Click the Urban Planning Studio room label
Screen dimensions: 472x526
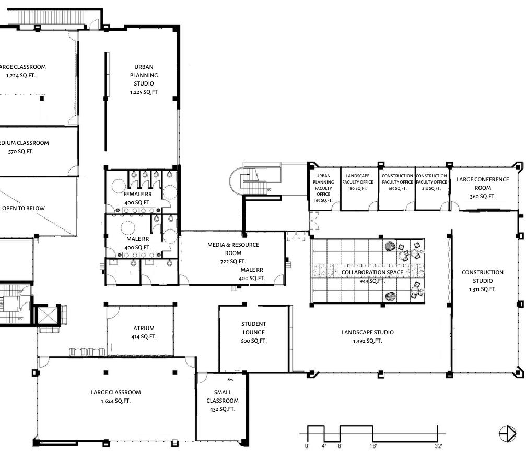point(144,75)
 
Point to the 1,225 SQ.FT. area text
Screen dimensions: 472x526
point(144,92)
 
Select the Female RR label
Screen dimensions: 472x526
point(137,194)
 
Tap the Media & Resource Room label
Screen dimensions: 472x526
point(233,249)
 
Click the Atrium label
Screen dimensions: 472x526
point(144,328)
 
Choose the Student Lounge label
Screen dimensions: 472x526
point(253,328)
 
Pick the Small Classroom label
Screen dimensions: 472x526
point(222,396)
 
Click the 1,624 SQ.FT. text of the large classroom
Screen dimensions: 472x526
point(115,401)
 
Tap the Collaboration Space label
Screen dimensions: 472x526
point(372,272)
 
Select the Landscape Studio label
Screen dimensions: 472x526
point(367,332)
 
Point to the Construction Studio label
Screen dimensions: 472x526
point(482,276)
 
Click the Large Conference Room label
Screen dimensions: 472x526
point(482,184)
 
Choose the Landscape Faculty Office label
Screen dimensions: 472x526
point(358,179)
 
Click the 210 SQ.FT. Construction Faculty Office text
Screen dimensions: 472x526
point(431,188)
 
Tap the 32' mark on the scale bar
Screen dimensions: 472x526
point(438,446)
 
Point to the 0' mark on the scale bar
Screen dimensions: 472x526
point(307,446)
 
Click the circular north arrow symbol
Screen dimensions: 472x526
point(507,433)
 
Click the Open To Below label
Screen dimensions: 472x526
point(24,208)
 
